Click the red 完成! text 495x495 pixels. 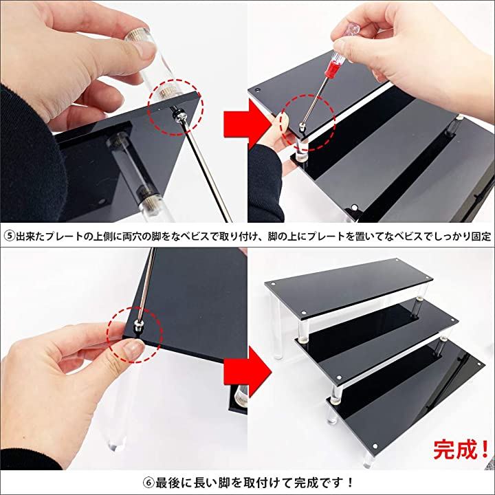[460, 450]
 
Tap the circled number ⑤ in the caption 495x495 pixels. [10, 236]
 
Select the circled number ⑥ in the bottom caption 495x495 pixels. [148, 483]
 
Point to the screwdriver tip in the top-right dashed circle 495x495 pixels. [302, 129]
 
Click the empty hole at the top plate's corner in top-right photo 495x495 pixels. [258, 91]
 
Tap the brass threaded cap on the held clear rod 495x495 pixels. [137, 35]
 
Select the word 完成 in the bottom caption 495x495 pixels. [305, 483]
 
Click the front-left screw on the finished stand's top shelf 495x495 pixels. [303, 313]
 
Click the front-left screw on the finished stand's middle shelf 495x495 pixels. [339, 377]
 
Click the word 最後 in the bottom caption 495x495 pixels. [166, 483]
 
